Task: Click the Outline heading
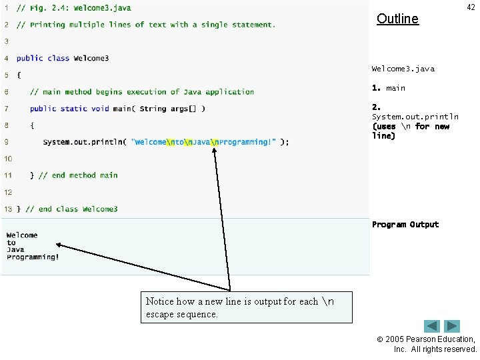(x=397, y=19)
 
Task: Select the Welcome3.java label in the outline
(x=403, y=69)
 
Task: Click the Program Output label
(x=405, y=225)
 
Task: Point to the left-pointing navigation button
(x=432, y=327)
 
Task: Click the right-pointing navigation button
(x=453, y=327)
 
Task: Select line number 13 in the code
(x=8, y=209)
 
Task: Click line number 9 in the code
(x=6, y=141)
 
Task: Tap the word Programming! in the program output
(x=33, y=257)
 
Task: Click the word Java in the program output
(x=16, y=250)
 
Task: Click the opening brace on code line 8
(x=32, y=125)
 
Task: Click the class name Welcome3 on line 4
(x=91, y=59)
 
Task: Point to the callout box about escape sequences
(x=246, y=307)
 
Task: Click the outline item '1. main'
(x=389, y=88)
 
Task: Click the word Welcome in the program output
(x=22, y=235)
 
